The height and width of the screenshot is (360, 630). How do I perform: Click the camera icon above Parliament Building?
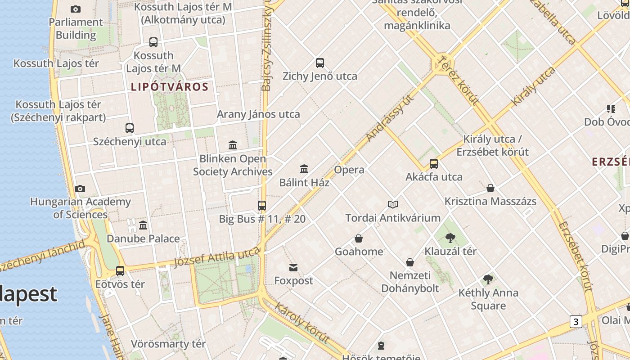coord(76,9)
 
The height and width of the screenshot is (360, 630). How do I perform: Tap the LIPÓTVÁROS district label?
coord(170,87)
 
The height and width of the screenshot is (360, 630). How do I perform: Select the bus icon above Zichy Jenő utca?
coord(320,63)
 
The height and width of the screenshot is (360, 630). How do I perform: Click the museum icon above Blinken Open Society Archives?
coord(233,145)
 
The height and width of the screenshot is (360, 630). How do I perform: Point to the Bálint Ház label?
coord(304,183)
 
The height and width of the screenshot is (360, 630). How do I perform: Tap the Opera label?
coord(349,170)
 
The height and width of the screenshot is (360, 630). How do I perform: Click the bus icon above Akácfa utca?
coord(434,164)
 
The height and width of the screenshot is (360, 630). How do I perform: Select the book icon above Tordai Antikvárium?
coord(393,205)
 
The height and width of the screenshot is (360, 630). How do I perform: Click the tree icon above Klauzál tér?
coord(450,238)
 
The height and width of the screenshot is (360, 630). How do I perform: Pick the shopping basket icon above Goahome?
coord(359,238)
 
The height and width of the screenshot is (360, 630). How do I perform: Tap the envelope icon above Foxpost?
coord(293,268)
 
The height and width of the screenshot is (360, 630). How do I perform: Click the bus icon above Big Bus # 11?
coord(262,206)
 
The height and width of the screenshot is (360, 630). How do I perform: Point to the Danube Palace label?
coord(143,238)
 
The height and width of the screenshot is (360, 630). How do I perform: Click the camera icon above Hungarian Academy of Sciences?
coord(80,189)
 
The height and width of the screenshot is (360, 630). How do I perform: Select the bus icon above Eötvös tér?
coord(120,271)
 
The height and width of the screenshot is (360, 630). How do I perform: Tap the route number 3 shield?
coord(576,322)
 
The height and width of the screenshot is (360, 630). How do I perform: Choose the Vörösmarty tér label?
coord(168,344)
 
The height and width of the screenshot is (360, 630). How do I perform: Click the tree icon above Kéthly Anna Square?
coord(488,280)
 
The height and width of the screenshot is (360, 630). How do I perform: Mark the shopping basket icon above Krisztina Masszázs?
coord(490,188)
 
